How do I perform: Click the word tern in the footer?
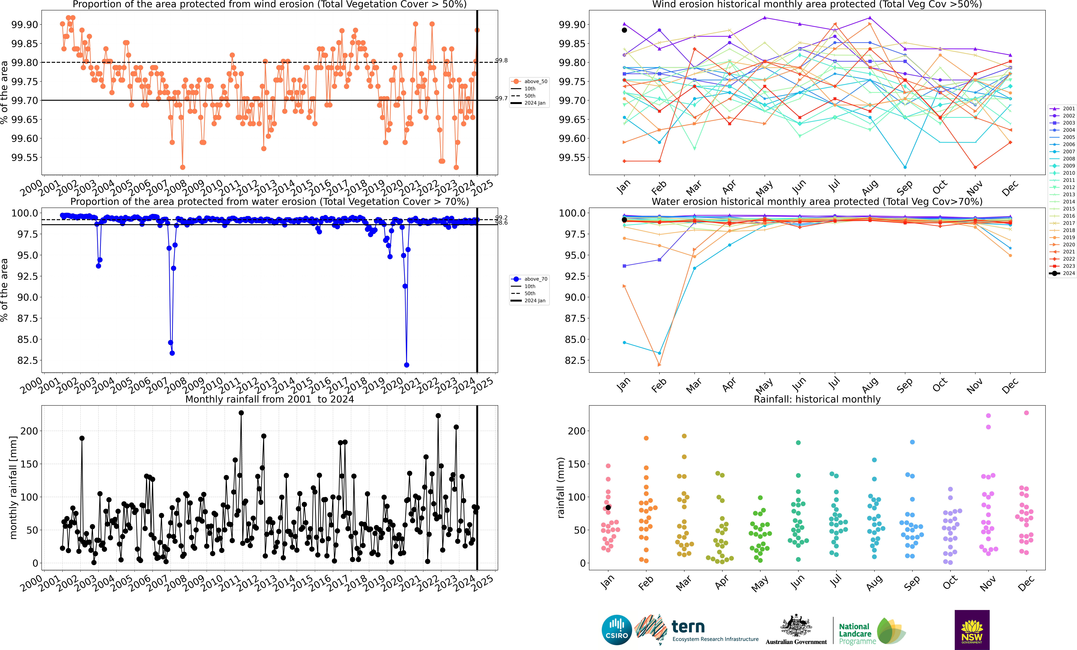click(x=688, y=627)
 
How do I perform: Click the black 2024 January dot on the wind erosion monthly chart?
click(x=624, y=30)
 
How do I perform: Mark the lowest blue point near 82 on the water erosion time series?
click(x=407, y=365)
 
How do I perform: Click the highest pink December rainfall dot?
click(x=1026, y=413)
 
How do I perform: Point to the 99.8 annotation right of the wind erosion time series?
click(x=501, y=60)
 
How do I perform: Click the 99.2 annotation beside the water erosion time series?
click(x=501, y=217)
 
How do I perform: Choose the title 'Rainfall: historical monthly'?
click(x=817, y=399)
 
